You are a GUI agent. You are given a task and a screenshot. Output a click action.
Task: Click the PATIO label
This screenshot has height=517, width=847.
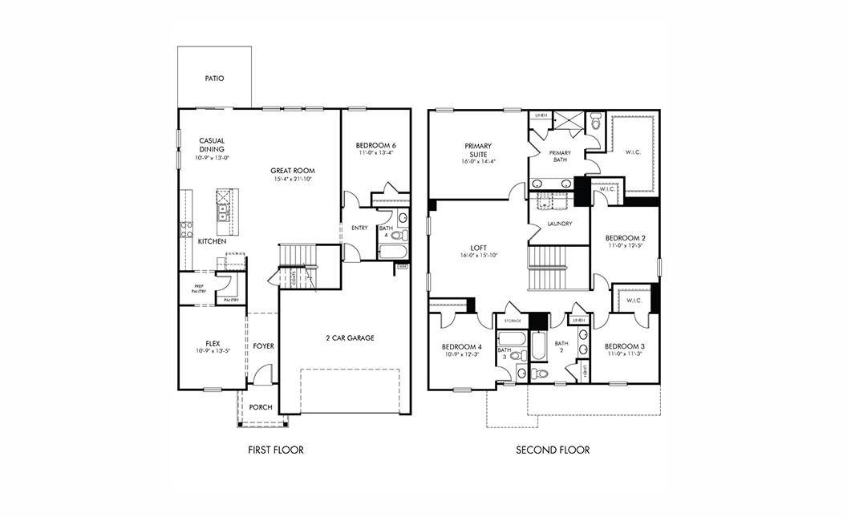pyautogui.click(x=214, y=79)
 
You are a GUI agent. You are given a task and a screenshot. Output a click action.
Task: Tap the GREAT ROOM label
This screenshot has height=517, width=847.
pyautogui.click(x=293, y=171)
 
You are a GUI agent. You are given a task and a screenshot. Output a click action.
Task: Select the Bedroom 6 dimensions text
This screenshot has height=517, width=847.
pyautogui.click(x=376, y=153)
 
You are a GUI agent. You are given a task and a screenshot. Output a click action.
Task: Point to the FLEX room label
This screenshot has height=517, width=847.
pyautogui.click(x=212, y=342)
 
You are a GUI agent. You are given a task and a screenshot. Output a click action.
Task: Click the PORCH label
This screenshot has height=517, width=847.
pyautogui.click(x=261, y=407)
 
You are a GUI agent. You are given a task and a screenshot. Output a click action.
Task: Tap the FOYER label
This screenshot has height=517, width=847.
pyautogui.click(x=264, y=346)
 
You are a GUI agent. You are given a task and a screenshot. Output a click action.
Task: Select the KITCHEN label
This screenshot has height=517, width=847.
pyautogui.click(x=212, y=241)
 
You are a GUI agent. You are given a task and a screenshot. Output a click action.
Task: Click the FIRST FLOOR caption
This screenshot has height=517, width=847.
pyautogui.click(x=276, y=450)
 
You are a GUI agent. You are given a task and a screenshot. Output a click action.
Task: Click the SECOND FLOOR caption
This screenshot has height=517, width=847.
pyautogui.click(x=553, y=450)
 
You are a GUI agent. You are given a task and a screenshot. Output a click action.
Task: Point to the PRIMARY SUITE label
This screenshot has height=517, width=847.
pyautogui.click(x=478, y=150)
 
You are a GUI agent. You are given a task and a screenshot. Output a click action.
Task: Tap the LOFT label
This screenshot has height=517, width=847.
pyautogui.click(x=479, y=248)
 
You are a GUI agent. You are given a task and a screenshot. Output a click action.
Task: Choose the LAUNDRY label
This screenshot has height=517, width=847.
pyautogui.click(x=559, y=224)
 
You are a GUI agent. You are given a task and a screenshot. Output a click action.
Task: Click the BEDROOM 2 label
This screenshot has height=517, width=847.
pyautogui.click(x=626, y=238)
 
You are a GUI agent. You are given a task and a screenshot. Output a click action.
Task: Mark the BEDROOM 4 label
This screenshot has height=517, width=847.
pyautogui.click(x=461, y=346)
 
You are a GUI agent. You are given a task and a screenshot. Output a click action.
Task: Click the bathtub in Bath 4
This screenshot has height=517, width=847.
pyautogui.click(x=393, y=251)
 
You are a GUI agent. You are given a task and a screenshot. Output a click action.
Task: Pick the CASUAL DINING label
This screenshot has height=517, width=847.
pyautogui.click(x=212, y=145)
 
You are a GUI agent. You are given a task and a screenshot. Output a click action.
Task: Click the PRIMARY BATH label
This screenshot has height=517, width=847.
pyautogui.click(x=560, y=156)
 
